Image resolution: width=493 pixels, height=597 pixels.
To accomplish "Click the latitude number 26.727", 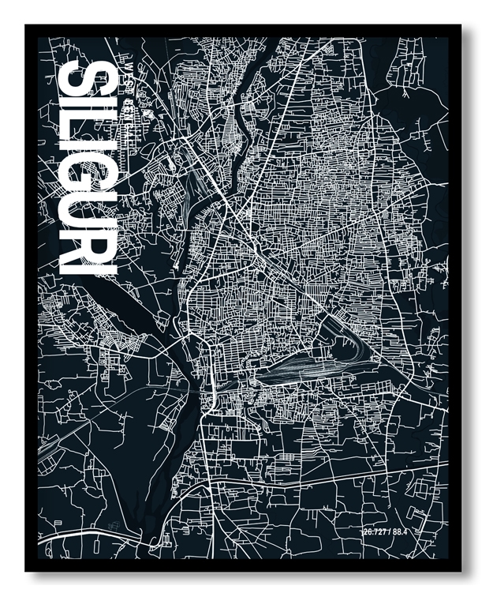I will (x=376, y=531).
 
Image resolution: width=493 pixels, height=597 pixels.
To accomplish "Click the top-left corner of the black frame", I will (x=26, y=26).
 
